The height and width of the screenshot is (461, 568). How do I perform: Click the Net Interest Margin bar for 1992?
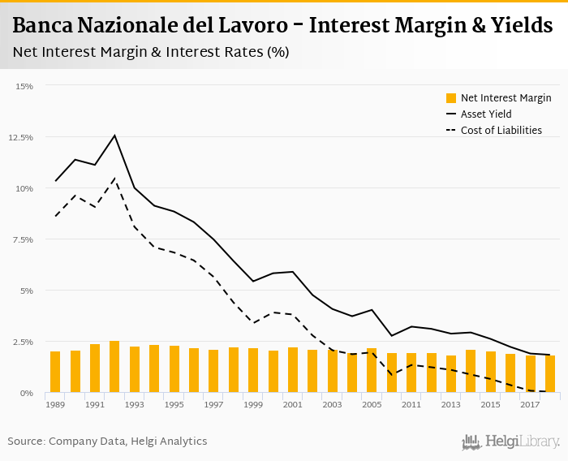(114, 367)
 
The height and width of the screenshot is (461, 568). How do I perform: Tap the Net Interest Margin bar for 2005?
(372, 370)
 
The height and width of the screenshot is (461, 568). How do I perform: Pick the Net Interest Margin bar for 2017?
(530, 374)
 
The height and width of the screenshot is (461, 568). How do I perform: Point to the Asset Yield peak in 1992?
(114, 136)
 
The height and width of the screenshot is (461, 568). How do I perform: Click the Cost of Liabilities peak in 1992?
(114, 179)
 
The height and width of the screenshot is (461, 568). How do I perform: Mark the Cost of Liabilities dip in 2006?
(392, 375)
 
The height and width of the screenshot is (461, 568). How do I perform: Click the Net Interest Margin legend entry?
(498, 98)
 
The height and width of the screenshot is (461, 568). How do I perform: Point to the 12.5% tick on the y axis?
(20, 137)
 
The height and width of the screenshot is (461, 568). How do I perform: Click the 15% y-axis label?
(24, 86)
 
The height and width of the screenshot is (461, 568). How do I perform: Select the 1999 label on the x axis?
(253, 404)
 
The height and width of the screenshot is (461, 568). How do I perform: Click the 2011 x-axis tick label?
(411, 404)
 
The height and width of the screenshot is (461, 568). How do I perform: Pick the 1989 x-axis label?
(55, 404)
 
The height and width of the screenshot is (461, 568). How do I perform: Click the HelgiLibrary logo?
(511, 442)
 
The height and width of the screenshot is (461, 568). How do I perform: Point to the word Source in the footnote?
(26, 442)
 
